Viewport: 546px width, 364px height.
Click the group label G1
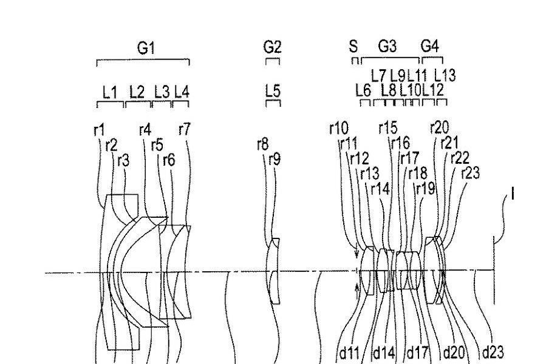point(144,48)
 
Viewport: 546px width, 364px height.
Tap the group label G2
point(273,47)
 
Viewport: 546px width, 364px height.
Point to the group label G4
point(429,46)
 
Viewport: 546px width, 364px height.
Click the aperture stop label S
point(353,46)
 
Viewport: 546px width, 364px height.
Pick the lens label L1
point(109,92)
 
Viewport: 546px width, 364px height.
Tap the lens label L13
point(445,75)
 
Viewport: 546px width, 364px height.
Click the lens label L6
point(363,90)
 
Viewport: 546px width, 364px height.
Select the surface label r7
point(185,129)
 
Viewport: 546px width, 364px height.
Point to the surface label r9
point(275,160)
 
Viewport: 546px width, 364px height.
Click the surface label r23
point(470,173)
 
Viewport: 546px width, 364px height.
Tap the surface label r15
point(387,127)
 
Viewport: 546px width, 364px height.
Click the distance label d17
point(418,352)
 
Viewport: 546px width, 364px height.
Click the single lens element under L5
point(275,270)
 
